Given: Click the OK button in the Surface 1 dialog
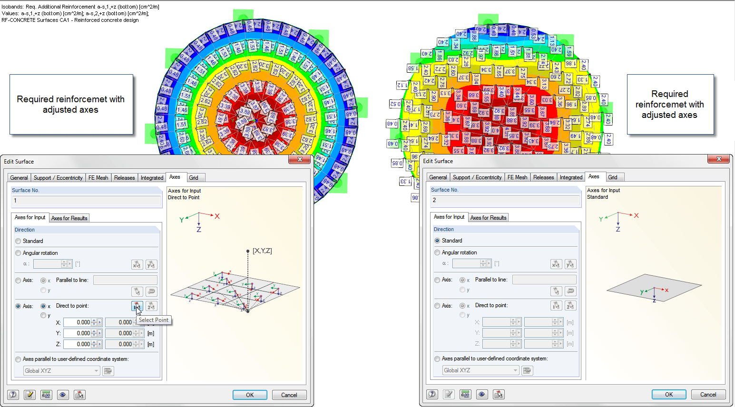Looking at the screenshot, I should (x=250, y=395).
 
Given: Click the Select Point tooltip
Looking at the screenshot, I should (x=154, y=320).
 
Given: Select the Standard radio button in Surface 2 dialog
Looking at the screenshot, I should (x=437, y=241).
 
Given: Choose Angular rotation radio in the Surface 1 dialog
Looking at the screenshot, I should (x=18, y=253).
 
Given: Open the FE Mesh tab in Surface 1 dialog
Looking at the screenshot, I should (x=98, y=178).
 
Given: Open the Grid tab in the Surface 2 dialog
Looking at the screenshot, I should (x=613, y=177).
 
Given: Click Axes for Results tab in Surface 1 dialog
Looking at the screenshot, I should (x=69, y=218).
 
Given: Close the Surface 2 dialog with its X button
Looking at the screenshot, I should (x=719, y=159).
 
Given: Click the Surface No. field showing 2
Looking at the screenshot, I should (x=505, y=200).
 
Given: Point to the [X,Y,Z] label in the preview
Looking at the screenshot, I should (x=262, y=251).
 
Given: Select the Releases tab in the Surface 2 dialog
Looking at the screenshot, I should (x=543, y=177).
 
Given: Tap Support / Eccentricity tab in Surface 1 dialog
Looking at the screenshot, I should (x=58, y=178).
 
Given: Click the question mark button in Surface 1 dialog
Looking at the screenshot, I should (x=13, y=395).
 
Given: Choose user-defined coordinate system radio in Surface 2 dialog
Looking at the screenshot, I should (x=437, y=359).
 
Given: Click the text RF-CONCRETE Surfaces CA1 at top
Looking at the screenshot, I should (x=70, y=20).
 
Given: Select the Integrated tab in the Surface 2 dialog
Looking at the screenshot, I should (x=571, y=177).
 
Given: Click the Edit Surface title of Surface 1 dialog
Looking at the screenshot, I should (x=19, y=162).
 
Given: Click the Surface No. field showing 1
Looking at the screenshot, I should (x=86, y=201).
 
